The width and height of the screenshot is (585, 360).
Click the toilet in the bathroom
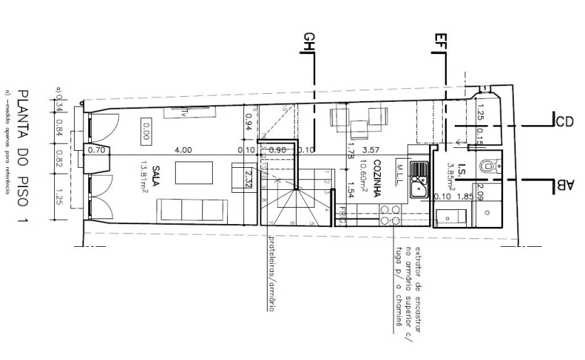pyautogui.click(x=487, y=166)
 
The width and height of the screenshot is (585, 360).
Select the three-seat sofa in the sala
pyautogui.click(x=191, y=210)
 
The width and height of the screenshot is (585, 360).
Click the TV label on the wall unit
pyautogui.click(x=182, y=112)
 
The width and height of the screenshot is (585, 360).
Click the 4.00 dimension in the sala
pyautogui.click(x=183, y=150)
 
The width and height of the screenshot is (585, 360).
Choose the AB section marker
pyautogui.click(x=564, y=186)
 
